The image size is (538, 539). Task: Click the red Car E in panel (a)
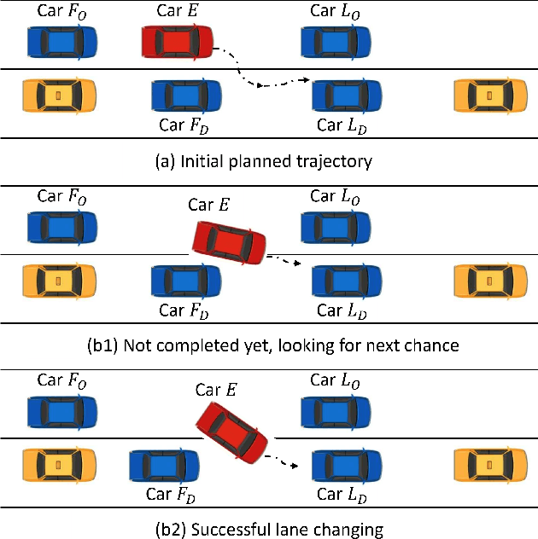[x=178, y=41]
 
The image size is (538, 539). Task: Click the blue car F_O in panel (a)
[x=61, y=41]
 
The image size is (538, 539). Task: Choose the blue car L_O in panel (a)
[x=336, y=41]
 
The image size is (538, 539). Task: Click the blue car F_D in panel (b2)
[x=164, y=466]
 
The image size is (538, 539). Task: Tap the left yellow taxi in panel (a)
[x=58, y=95]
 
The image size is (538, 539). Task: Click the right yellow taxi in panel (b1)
[x=488, y=280]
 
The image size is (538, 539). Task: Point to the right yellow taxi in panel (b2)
[x=488, y=466]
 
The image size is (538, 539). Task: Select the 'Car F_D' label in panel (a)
[x=184, y=126]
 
